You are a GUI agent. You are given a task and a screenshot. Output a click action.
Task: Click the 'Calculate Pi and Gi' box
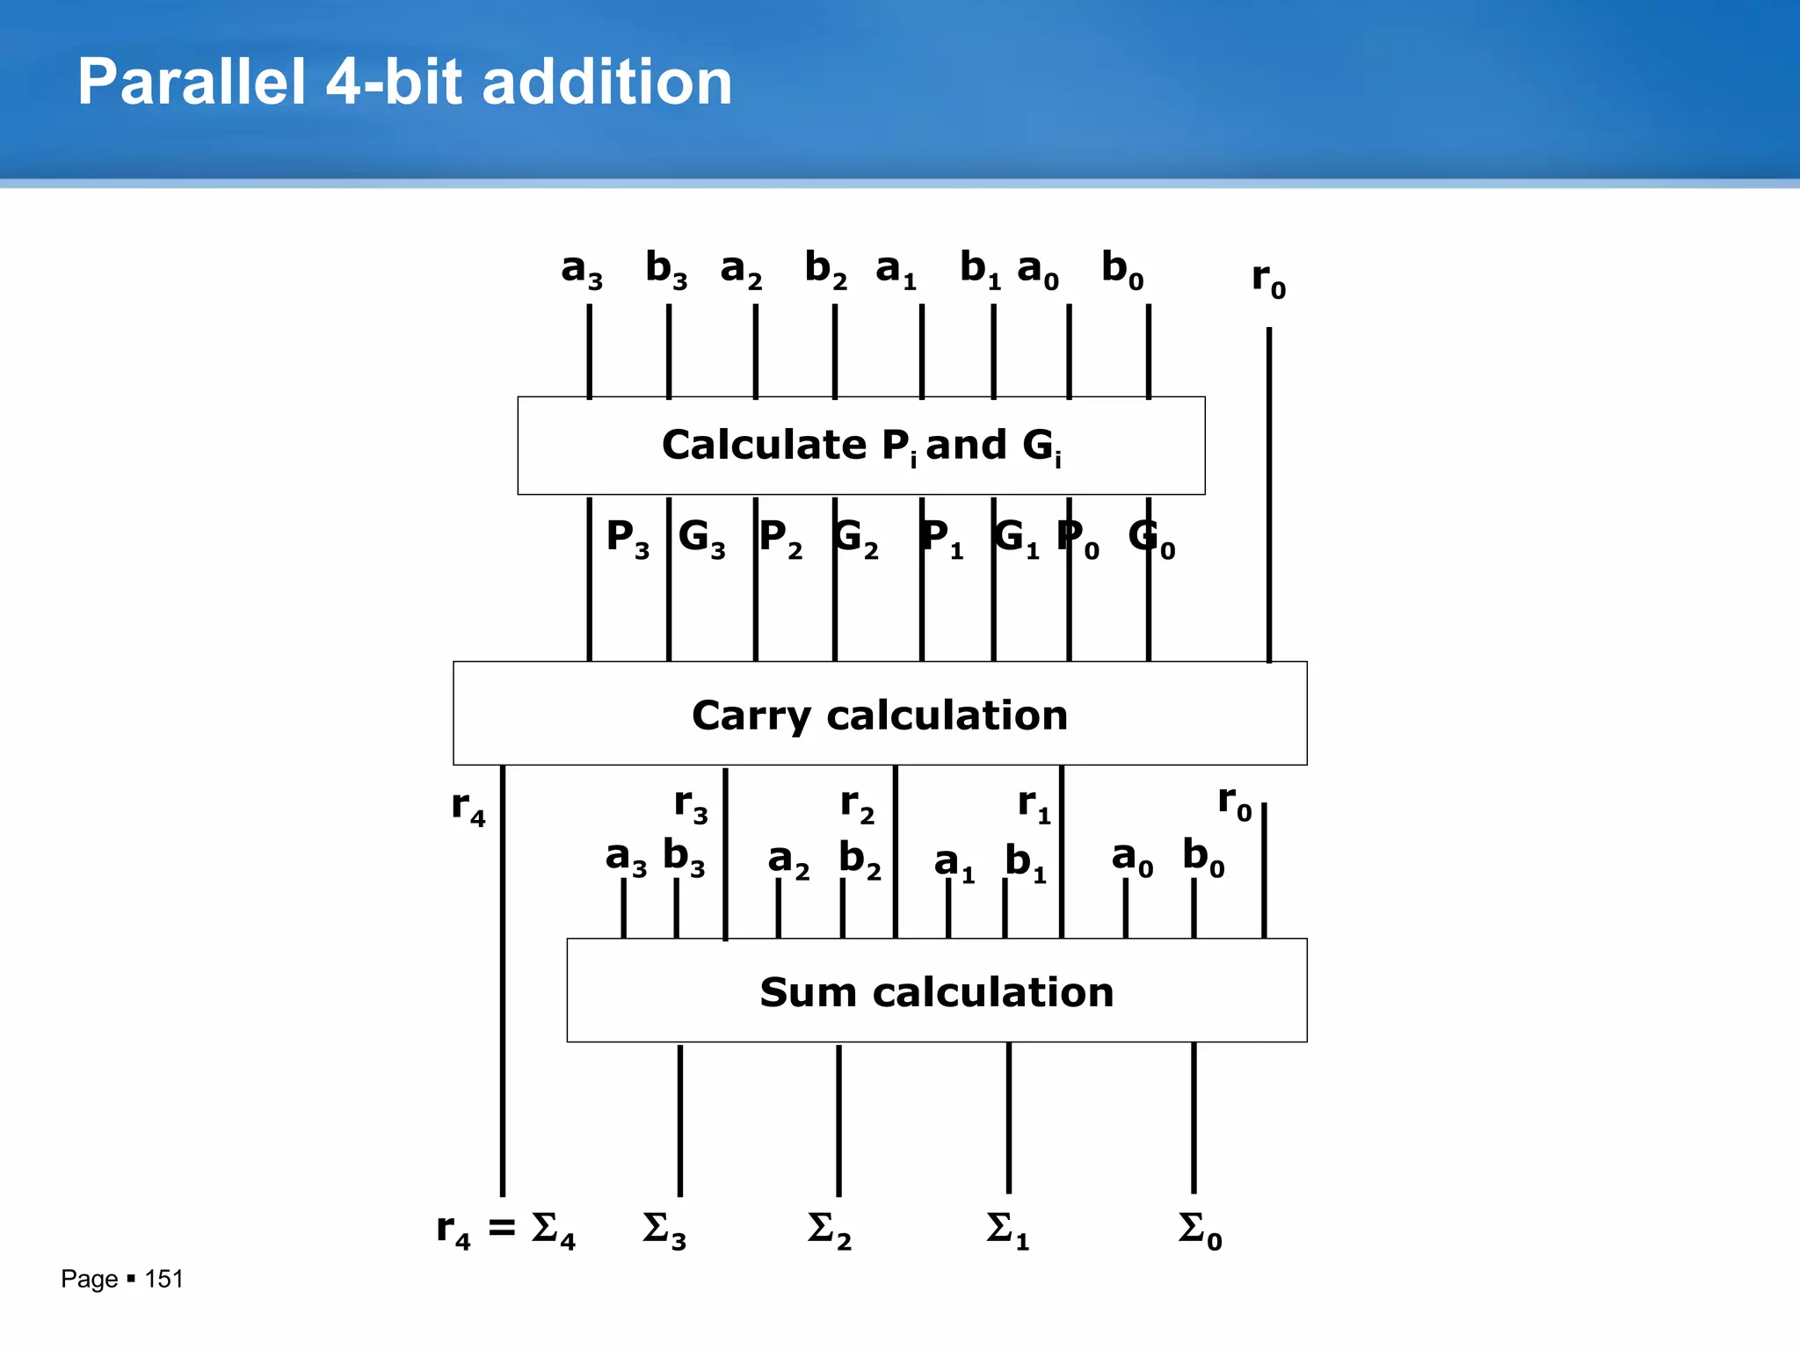pos(860,446)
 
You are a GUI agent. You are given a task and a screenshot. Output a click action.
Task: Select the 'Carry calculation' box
pos(879,714)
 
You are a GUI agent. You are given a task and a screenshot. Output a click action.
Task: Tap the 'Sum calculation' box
pos(936,991)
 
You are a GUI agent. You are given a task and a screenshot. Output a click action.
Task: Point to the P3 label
pos(627,538)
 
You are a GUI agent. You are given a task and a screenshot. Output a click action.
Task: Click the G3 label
pos(701,538)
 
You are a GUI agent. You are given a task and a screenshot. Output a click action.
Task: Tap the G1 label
pos(1016,538)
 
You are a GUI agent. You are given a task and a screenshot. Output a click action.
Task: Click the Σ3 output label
pos(664,1230)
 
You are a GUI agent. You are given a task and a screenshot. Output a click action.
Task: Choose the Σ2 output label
pos(829,1230)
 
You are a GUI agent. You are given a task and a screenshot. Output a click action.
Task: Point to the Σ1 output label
pos(1006,1230)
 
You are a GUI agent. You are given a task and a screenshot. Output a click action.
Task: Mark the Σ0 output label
pos(1200,1230)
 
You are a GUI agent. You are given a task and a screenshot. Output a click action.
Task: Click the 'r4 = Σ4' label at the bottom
pos(505,1230)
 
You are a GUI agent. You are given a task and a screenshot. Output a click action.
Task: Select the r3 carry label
pos(691,805)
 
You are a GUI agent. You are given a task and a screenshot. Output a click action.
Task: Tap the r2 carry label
pos(857,805)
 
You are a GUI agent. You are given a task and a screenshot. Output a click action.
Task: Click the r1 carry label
pos(1034,805)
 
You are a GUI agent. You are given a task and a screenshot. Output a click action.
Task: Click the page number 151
pos(163,1279)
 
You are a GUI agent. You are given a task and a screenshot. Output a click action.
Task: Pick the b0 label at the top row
pos(1122,269)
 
